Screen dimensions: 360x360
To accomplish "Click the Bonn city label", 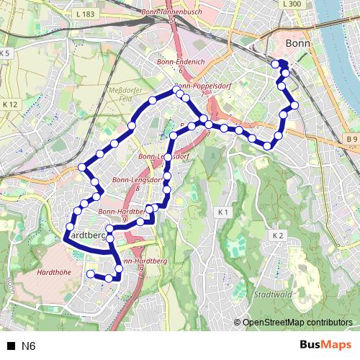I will point(297,44).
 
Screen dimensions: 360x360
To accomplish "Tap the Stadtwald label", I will point(271,295).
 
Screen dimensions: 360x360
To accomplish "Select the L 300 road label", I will point(292,4).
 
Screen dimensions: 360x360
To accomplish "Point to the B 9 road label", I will point(351,138).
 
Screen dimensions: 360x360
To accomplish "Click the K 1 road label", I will point(222,212).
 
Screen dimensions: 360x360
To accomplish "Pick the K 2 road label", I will point(279,235).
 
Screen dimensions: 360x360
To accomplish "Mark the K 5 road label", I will point(5,53).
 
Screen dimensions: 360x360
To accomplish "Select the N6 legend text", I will point(28,346).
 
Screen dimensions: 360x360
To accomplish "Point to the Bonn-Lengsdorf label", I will point(158,156).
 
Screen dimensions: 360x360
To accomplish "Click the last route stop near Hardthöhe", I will point(90,274).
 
